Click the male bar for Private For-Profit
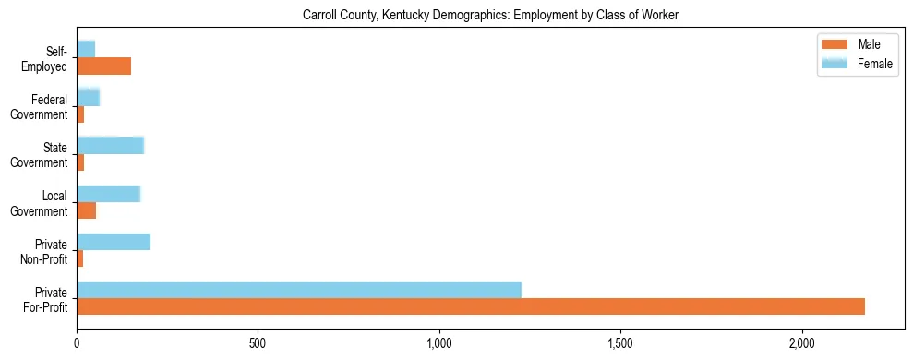(x=471, y=306)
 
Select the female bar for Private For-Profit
(x=299, y=290)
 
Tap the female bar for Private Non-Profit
(x=114, y=242)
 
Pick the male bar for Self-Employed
(x=103, y=66)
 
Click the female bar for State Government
(x=110, y=145)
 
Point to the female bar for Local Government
(x=108, y=193)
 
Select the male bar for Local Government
(x=86, y=210)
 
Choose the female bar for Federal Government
(x=88, y=97)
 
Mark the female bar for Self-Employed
(x=86, y=48)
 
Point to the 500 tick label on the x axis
(x=258, y=343)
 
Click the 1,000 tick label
(x=439, y=343)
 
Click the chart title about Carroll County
(x=490, y=16)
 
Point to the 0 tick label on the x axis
(x=77, y=343)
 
